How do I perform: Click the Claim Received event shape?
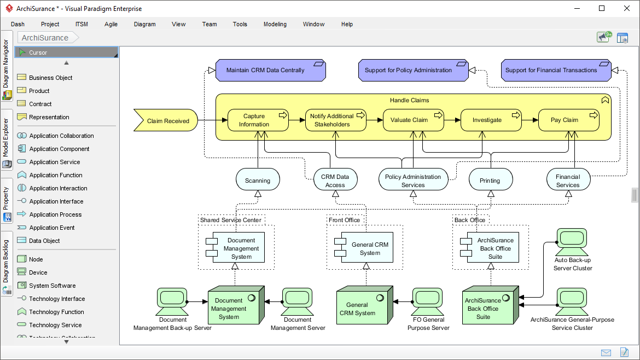(166, 121)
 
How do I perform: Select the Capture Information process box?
(258, 120)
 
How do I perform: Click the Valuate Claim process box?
(413, 120)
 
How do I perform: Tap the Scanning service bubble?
(258, 181)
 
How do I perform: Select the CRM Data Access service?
(335, 181)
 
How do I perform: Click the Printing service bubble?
(490, 181)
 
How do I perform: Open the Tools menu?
(240, 24)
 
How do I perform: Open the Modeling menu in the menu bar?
(275, 24)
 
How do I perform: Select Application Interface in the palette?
(56, 201)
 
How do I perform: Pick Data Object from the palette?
(44, 241)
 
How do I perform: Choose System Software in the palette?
(53, 286)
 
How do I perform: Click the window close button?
(627, 8)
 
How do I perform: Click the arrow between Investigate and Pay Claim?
(530, 120)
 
